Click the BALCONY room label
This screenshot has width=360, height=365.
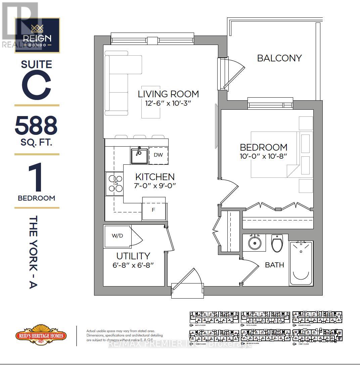tap(279, 58)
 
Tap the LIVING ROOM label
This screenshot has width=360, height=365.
tap(168, 94)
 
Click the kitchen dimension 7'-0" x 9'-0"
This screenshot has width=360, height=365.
tap(155, 185)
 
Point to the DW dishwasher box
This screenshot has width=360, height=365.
tap(159, 155)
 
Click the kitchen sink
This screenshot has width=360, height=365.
tap(139, 156)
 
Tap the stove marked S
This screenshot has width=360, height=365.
tap(115, 184)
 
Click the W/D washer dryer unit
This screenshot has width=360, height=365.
tap(118, 236)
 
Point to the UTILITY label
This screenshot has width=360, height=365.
tap(133, 256)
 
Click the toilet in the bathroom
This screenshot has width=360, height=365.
tap(277, 243)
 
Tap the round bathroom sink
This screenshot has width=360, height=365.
tap(254, 243)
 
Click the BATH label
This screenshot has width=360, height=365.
tap(274, 265)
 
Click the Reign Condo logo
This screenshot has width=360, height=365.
tap(37, 35)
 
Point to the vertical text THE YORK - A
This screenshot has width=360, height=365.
tap(34, 252)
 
